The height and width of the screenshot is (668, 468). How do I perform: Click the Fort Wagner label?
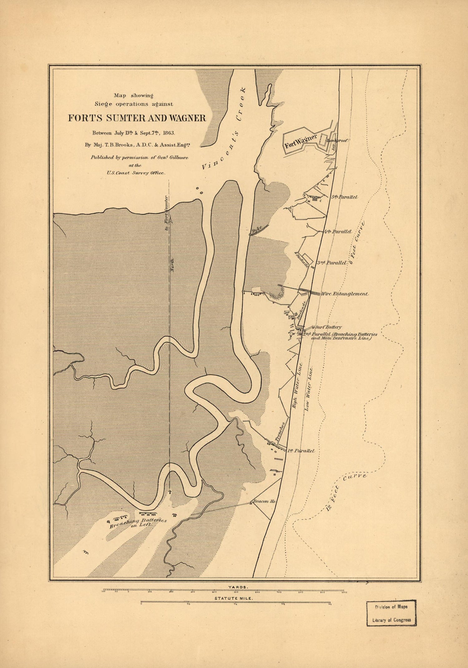pos(300,141)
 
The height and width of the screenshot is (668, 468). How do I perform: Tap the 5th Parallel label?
pos(344,197)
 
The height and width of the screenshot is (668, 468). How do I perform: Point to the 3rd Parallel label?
pos(332,263)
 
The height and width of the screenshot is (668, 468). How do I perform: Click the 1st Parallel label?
pos(301,451)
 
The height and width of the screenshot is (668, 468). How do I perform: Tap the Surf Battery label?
pos(328,327)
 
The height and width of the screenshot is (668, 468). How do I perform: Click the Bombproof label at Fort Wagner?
pos(337,141)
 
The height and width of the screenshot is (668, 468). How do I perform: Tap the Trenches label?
pos(280,431)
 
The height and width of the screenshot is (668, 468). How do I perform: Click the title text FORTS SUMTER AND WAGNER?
pos(137,118)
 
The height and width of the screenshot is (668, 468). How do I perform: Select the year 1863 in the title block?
pos(168,132)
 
